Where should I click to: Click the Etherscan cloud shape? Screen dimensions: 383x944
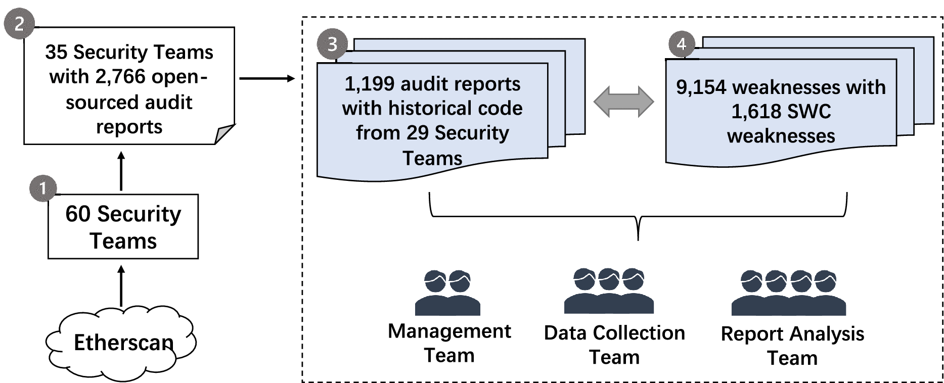[x=121, y=342]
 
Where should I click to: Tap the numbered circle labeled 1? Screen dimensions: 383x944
[x=42, y=188]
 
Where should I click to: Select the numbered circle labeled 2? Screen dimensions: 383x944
[x=19, y=24]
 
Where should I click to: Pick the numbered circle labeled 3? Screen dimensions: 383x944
[x=332, y=44]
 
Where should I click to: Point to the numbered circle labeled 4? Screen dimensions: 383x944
[x=682, y=44]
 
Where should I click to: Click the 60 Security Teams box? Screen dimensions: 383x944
[x=123, y=226]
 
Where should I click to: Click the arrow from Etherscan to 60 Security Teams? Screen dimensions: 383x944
[x=121, y=286]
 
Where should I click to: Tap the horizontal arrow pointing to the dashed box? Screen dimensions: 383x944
[x=266, y=78]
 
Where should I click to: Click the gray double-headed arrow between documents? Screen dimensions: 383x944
[x=623, y=102]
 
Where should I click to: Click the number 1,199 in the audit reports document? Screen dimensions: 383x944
[x=369, y=84]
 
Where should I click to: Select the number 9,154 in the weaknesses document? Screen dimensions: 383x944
[x=701, y=87]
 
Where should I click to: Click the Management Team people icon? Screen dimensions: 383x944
[x=447, y=293]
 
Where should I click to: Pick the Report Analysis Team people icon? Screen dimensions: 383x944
[x=788, y=293]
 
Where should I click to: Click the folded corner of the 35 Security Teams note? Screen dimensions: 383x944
[x=223, y=134]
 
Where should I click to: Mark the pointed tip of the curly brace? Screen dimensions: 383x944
[x=638, y=238]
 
